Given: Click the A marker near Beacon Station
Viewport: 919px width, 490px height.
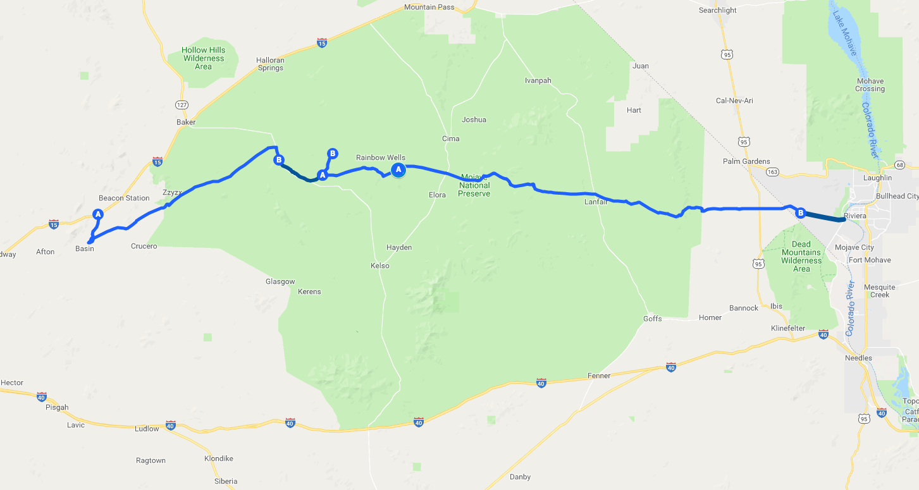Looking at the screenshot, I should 98,214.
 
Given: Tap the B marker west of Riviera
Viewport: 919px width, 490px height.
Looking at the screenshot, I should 800,213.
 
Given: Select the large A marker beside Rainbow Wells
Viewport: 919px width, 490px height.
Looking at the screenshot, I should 398,169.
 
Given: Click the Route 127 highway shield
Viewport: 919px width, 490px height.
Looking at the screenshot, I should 182,104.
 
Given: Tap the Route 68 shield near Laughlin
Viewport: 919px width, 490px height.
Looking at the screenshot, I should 901,165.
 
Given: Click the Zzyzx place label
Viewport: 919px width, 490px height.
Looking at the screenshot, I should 172,192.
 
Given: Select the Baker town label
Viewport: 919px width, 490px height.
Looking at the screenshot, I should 187,122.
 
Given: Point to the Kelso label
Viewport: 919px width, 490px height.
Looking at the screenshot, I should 380,266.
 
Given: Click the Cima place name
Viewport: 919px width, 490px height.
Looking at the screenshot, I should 451,138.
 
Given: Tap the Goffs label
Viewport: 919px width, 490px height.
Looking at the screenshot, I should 653,319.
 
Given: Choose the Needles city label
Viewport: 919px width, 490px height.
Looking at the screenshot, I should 858,358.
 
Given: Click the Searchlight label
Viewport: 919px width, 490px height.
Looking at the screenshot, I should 718,10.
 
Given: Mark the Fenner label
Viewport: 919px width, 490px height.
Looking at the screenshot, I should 599,376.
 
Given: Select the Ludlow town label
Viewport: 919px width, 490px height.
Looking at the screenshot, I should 147,429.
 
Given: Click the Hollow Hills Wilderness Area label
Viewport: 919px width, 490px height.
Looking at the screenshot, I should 203,58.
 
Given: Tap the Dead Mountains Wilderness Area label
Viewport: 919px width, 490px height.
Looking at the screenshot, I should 801,256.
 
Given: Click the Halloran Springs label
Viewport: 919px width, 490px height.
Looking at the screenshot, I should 270,64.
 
